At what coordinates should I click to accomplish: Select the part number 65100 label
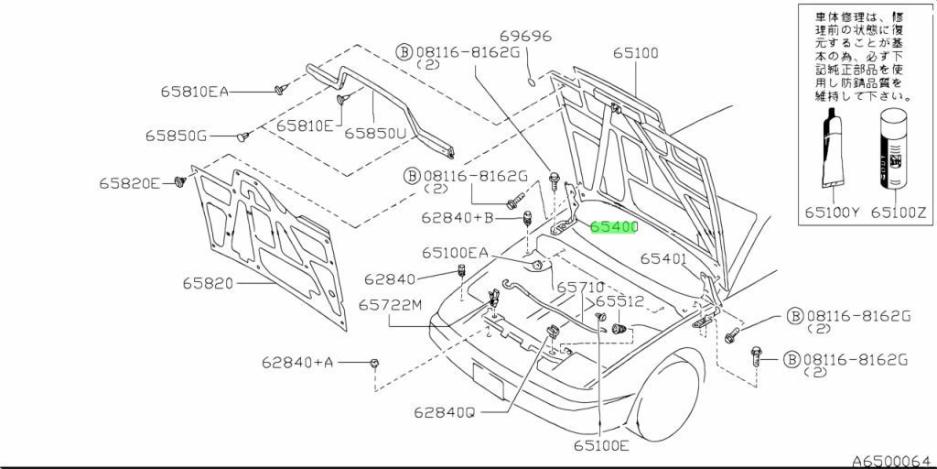pos(635,54)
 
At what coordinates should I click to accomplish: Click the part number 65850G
pos(176,136)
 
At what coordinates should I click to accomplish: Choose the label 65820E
pos(130,183)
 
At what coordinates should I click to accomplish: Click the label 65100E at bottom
pos(601,446)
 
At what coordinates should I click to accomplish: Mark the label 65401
pos(663,259)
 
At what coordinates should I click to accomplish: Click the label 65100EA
pos(455,253)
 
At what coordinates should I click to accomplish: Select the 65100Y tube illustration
pos(833,151)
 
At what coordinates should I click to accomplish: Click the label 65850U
pos(374,133)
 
